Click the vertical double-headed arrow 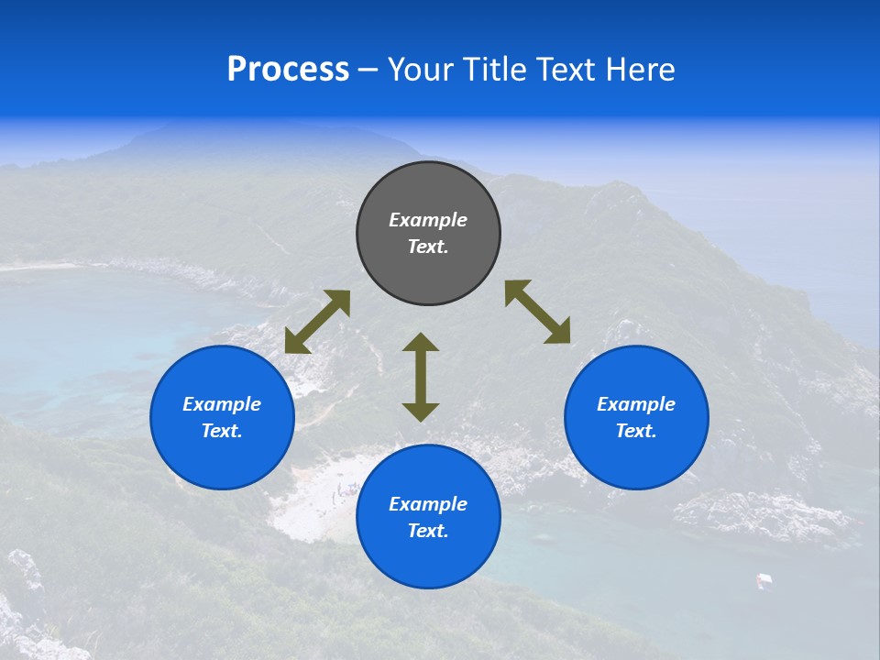click(x=421, y=377)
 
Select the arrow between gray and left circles click(x=317, y=322)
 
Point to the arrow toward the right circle click(x=538, y=313)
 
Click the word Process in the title click(x=288, y=70)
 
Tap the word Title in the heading click(x=496, y=70)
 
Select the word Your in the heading click(x=421, y=70)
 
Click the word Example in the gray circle click(x=428, y=220)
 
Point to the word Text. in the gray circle click(x=428, y=247)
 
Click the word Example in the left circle click(x=222, y=404)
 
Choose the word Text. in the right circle click(x=636, y=431)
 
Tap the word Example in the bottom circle click(x=428, y=504)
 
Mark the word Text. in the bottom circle click(x=428, y=531)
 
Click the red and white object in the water click(x=764, y=579)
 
